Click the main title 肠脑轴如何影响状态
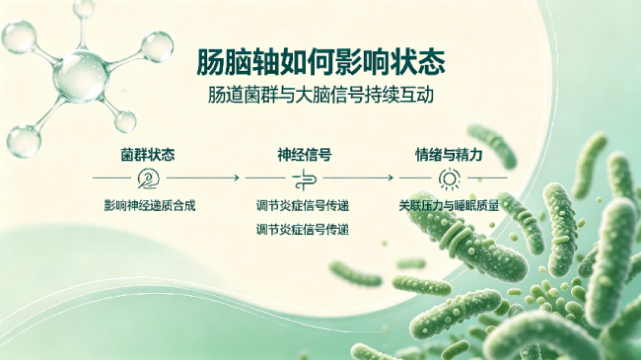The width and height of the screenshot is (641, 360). (x=320, y=62)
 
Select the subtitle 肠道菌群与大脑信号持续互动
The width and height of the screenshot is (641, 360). (x=320, y=95)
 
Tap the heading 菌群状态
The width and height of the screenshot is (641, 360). (x=148, y=155)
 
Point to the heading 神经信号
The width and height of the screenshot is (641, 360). (x=305, y=155)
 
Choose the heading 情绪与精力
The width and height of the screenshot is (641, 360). (x=449, y=155)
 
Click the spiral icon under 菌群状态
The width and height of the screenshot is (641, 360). (x=148, y=179)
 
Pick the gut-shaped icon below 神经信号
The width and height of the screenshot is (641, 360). (x=305, y=180)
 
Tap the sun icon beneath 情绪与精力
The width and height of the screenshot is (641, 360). (x=450, y=179)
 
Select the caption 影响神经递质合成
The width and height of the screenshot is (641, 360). (x=150, y=205)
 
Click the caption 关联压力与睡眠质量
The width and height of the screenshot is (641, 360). (x=449, y=205)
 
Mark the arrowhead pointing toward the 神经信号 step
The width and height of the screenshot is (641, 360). (x=237, y=178)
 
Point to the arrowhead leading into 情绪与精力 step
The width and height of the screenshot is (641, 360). (x=391, y=178)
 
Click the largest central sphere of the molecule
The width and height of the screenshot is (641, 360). (x=81, y=76)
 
